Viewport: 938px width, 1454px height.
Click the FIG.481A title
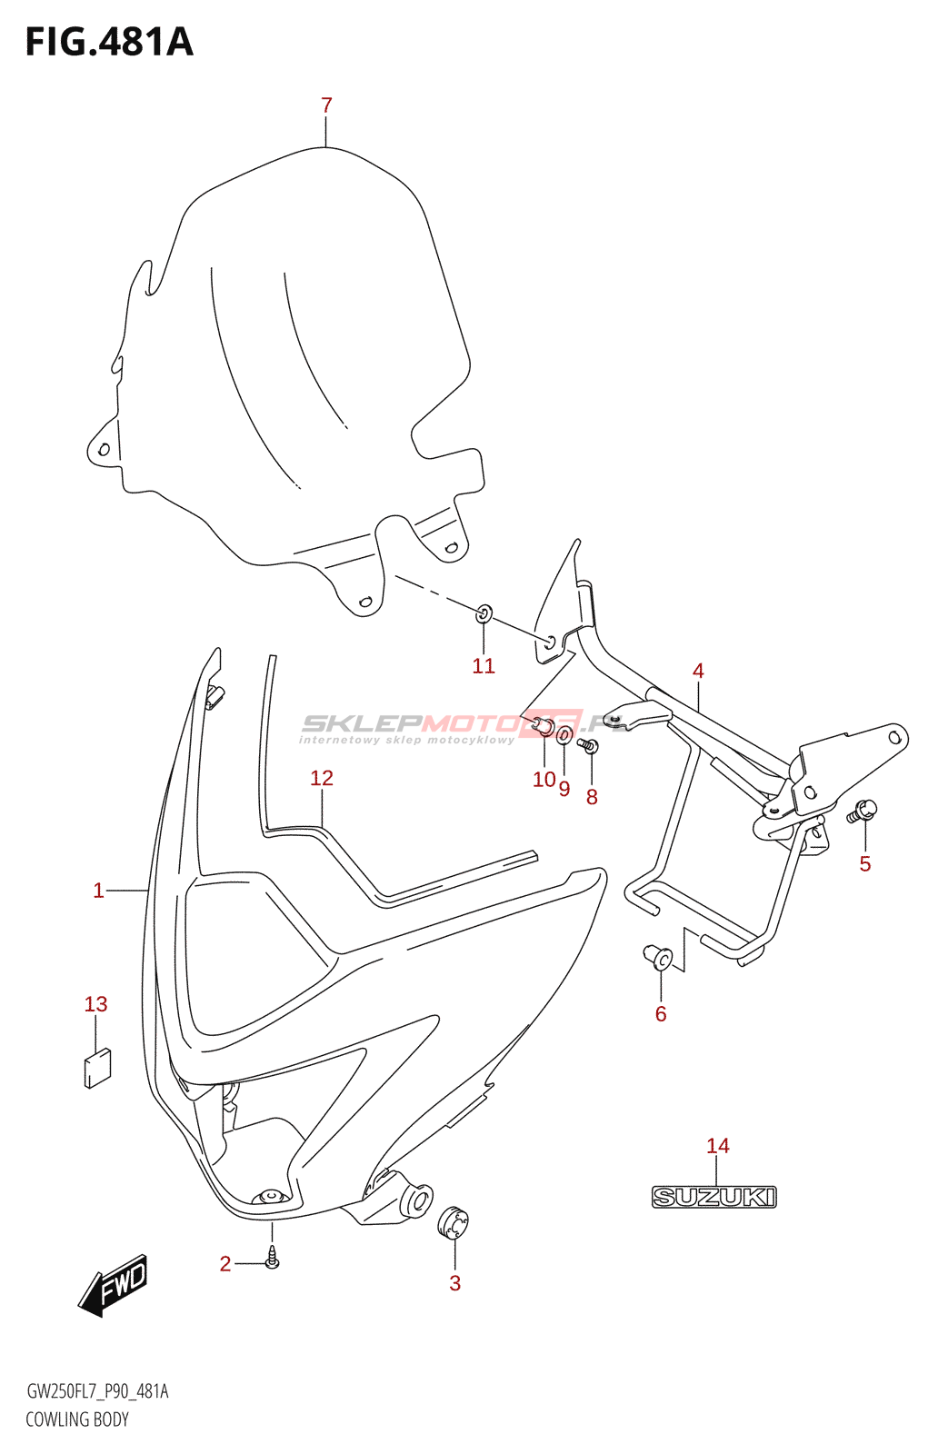tap(109, 43)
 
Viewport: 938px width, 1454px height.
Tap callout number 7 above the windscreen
tap(327, 105)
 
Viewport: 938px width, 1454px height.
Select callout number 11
tap(484, 666)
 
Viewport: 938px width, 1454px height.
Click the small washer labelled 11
tap(484, 614)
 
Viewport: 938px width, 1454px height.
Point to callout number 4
tap(698, 671)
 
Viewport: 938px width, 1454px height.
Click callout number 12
tap(322, 778)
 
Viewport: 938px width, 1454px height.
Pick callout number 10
tap(544, 780)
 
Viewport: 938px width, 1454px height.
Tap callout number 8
tap(592, 797)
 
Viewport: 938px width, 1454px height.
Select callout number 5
tap(865, 864)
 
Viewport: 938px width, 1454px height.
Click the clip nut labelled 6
tap(659, 957)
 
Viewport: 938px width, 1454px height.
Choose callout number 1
tap(98, 891)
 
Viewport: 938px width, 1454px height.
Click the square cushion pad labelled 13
tap(97, 1068)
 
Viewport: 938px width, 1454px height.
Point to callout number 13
tap(96, 1004)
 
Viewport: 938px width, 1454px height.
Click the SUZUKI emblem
tap(714, 1197)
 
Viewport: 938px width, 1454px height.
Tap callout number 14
tap(718, 1146)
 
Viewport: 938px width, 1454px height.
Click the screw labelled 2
tap(272, 1260)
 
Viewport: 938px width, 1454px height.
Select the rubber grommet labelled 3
tap(453, 1222)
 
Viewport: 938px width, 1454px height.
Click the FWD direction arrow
tap(114, 1285)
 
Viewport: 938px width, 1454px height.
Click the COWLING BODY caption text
tap(77, 1419)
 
